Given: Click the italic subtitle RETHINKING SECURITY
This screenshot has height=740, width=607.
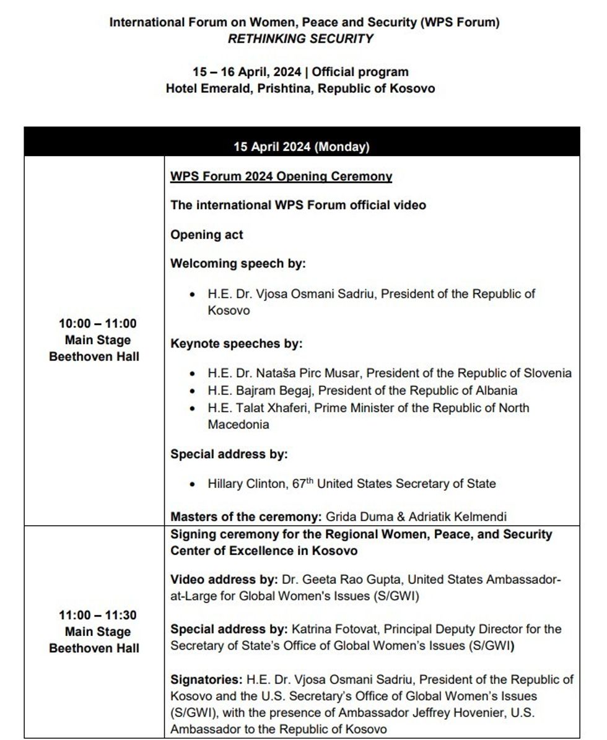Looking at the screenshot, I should (x=300, y=38).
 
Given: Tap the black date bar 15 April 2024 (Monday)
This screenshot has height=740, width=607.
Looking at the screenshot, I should (x=302, y=147).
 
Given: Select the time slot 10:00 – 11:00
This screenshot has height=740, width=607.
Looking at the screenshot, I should (x=97, y=323).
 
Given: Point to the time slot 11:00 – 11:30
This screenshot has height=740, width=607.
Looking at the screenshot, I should (x=97, y=616).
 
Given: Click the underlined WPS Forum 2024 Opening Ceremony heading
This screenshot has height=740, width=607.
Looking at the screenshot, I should (x=281, y=176).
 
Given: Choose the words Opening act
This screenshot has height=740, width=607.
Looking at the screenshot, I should (x=207, y=235).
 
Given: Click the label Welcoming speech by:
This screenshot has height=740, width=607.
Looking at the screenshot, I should (x=238, y=264).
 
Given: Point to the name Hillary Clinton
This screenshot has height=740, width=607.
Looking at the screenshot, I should (x=246, y=484).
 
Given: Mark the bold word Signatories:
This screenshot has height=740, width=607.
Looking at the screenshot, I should (x=206, y=679).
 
